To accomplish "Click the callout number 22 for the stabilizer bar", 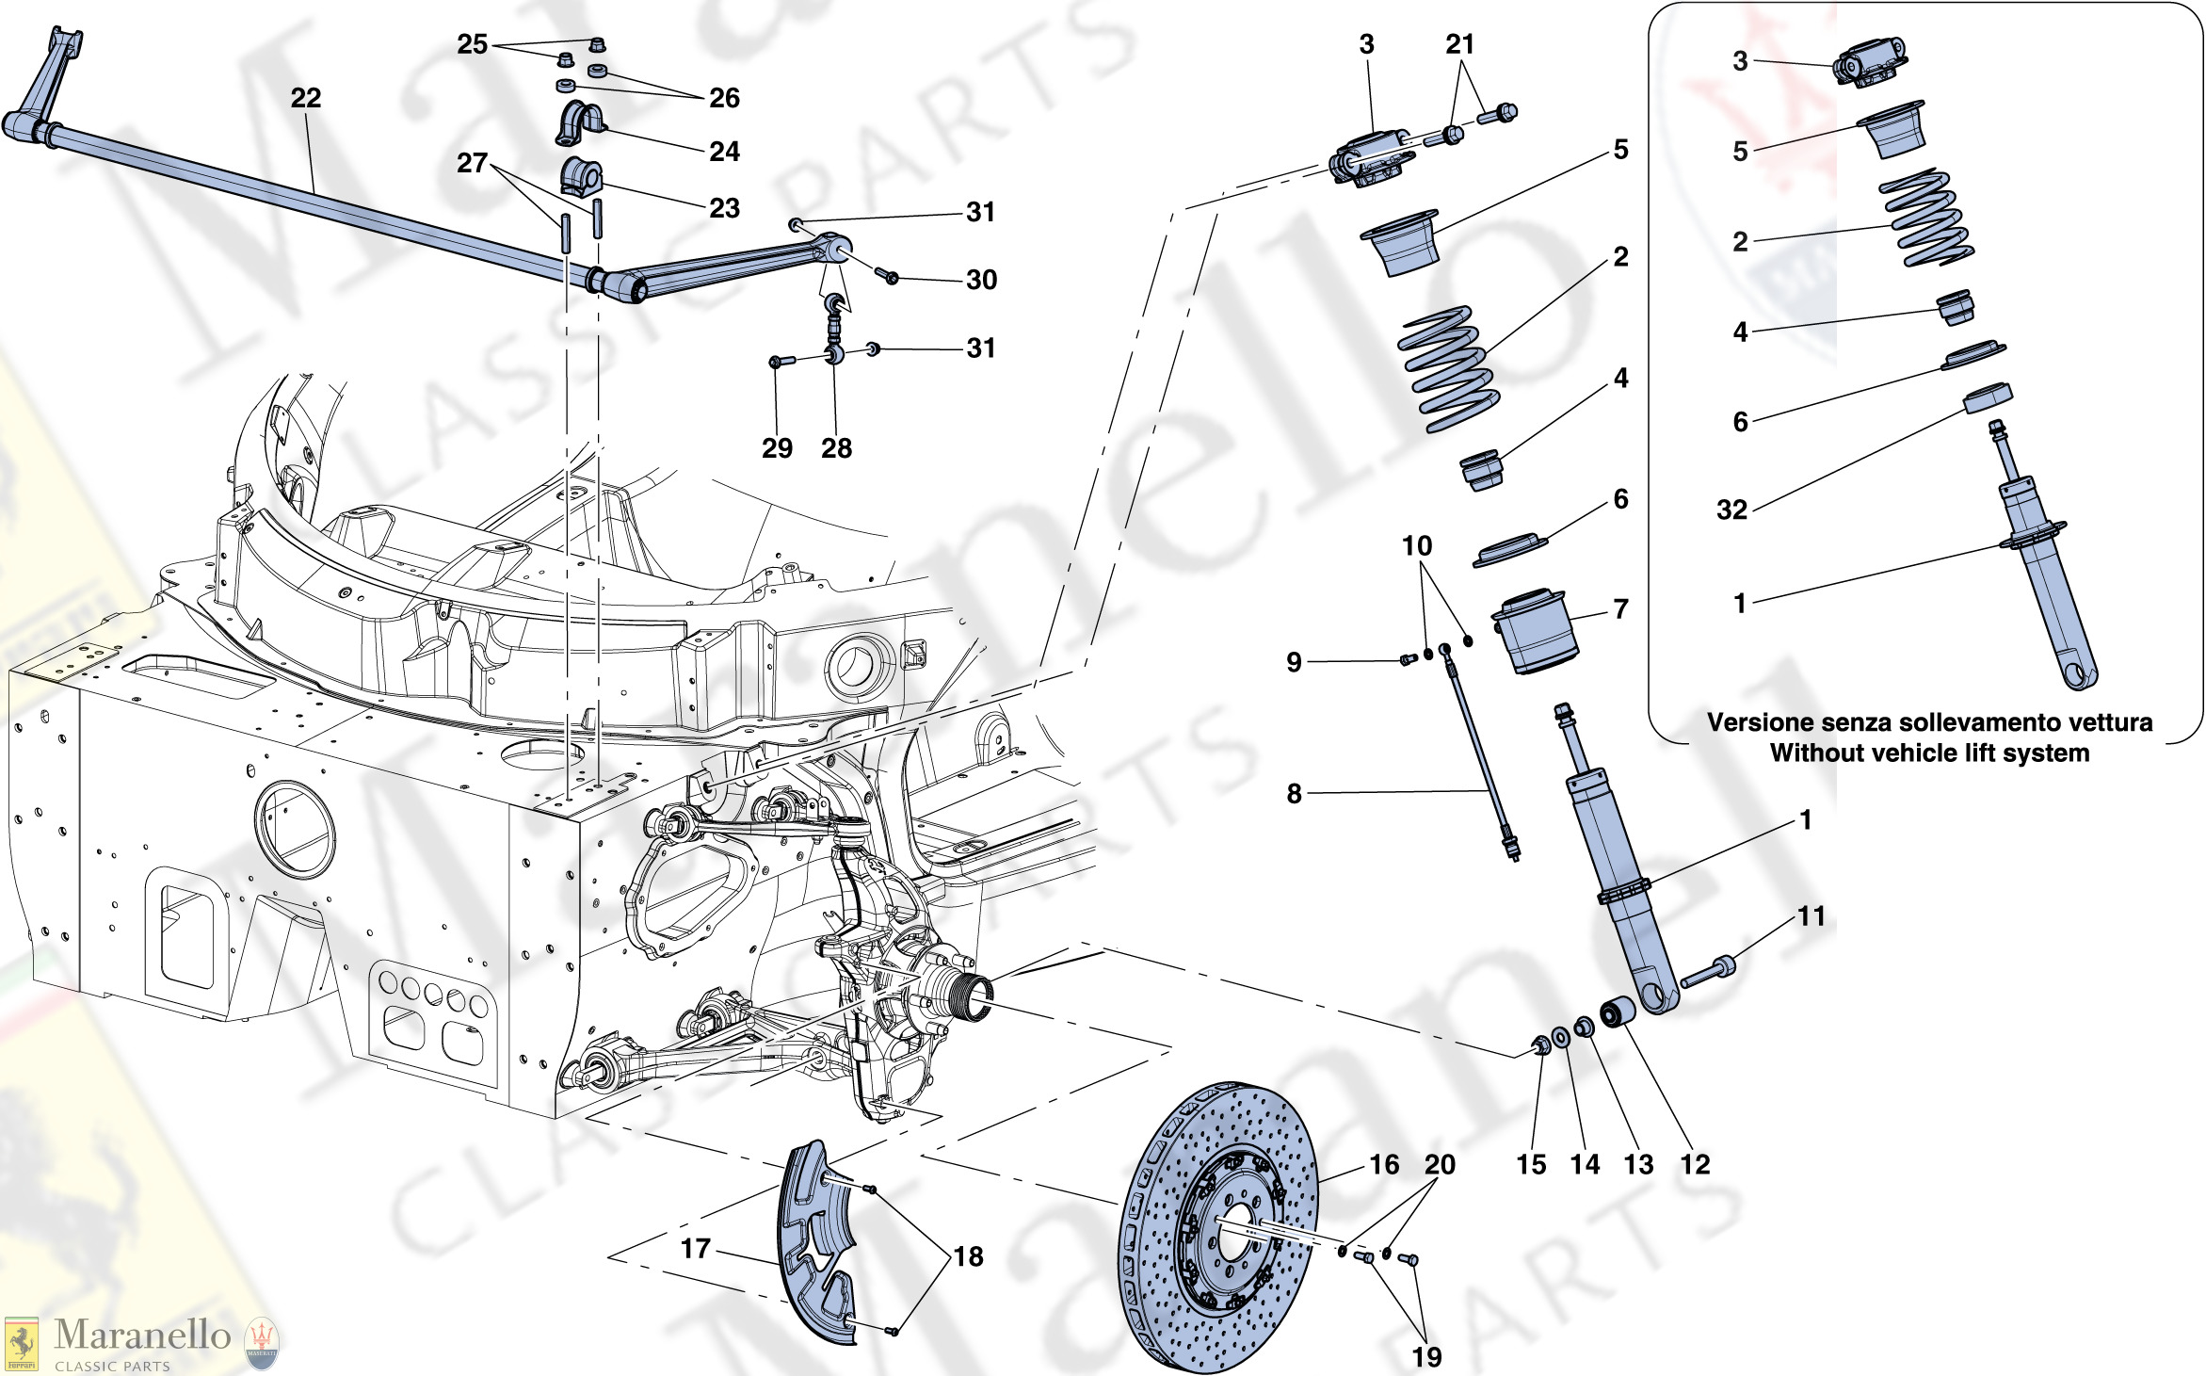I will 305,98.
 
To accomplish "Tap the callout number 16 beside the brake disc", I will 1383,1165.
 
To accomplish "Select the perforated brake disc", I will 1220,1224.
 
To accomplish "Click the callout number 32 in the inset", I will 1731,510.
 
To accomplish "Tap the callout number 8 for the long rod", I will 1294,794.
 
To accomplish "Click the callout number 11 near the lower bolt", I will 1811,916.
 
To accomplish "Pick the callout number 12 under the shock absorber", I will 1695,1165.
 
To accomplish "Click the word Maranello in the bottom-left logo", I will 142,1336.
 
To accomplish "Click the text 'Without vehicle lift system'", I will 1929,753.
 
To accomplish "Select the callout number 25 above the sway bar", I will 472,44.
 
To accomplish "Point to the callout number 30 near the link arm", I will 981,280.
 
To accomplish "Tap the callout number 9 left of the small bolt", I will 1294,662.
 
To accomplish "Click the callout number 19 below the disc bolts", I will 1426,1357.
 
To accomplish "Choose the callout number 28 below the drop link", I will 836,448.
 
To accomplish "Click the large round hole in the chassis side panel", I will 295,829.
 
